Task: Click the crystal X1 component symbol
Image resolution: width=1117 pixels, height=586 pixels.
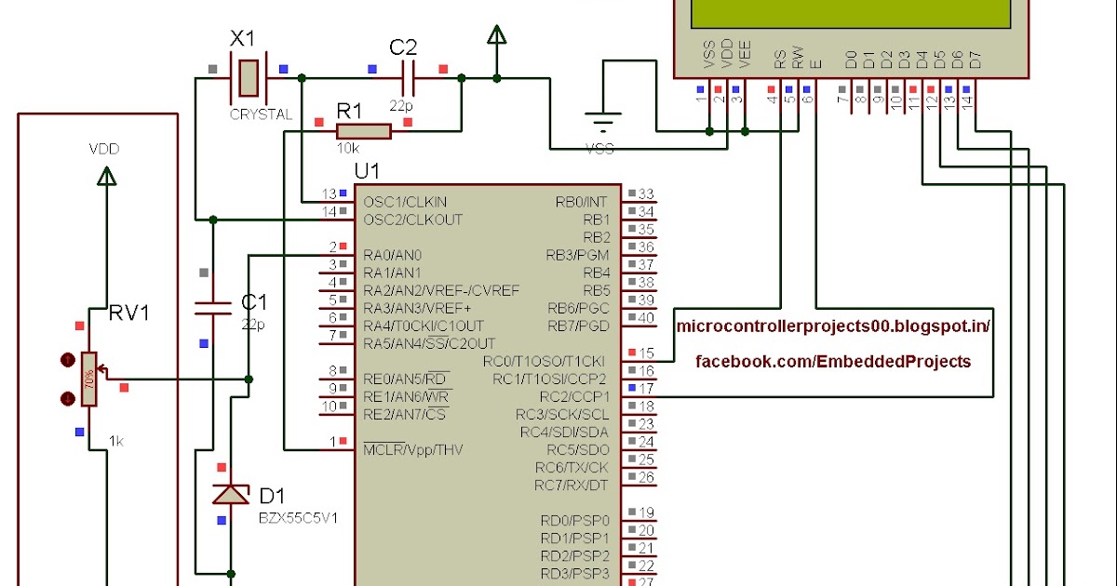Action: tap(247, 78)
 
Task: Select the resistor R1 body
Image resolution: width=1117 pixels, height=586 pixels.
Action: tap(364, 132)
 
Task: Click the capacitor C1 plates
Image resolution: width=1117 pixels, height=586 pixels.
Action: tap(212, 308)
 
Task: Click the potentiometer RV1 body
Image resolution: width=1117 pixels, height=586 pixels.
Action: tap(88, 379)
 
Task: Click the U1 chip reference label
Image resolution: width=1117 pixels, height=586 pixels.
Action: tap(367, 172)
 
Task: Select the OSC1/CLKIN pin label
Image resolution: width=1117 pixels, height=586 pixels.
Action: tap(405, 202)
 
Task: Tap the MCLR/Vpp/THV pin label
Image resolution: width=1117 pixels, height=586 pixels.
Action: tap(412, 450)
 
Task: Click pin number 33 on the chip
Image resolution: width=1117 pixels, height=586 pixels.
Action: tap(646, 194)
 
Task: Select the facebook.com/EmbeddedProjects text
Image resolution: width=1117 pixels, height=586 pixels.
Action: tap(833, 361)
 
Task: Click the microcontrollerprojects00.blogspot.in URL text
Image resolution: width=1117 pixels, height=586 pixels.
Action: tap(832, 326)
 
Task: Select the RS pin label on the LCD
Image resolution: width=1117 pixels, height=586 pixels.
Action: tap(779, 60)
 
